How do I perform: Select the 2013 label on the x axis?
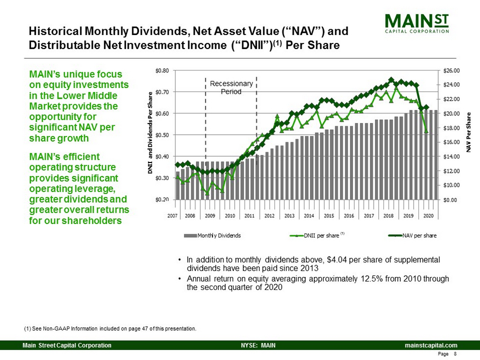(x=289, y=216)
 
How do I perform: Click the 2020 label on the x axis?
(x=428, y=216)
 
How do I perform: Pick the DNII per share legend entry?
(x=320, y=234)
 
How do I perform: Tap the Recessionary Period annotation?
(x=230, y=87)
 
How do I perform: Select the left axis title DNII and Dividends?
(x=151, y=135)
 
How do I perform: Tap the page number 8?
(x=455, y=354)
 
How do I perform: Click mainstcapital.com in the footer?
(x=430, y=345)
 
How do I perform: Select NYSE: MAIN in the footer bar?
(x=258, y=345)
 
